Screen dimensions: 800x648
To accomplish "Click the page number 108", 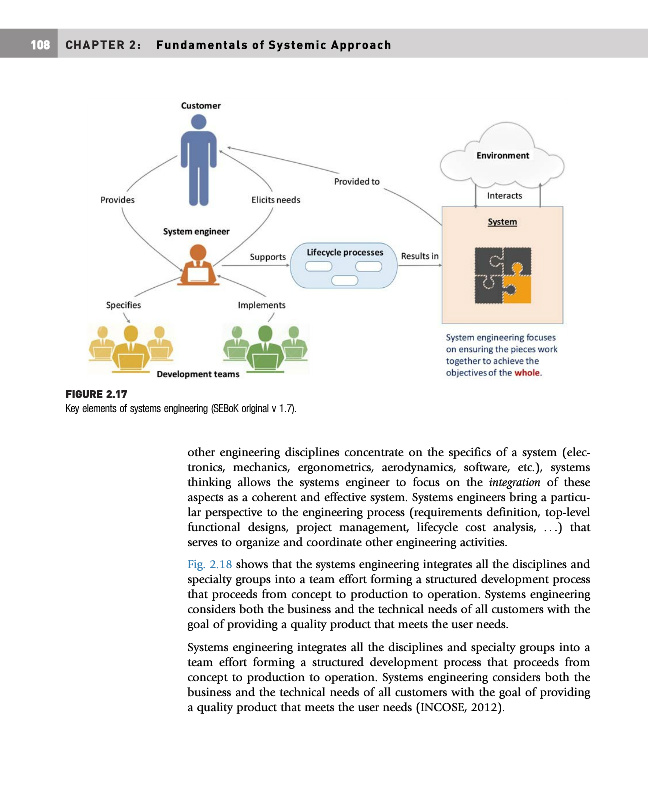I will tap(39, 46).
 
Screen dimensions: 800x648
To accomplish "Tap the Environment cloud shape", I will tap(502, 152).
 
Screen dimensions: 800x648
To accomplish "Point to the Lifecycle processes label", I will tap(344, 253).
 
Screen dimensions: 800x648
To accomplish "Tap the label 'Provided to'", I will tap(356, 181).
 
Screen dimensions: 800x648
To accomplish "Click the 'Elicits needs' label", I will tap(275, 199).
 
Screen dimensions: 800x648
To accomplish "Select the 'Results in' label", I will tap(419, 256).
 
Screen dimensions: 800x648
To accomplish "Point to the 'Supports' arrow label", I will tap(268, 256).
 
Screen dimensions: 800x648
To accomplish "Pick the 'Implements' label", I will tap(262, 304).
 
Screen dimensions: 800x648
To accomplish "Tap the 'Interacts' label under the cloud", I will tap(504, 196).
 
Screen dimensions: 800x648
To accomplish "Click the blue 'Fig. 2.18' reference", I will tap(207, 563).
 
